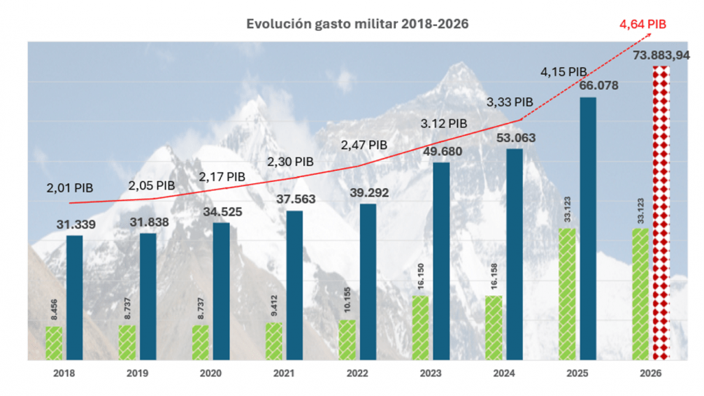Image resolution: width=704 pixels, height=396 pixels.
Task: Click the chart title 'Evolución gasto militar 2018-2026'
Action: tap(357, 24)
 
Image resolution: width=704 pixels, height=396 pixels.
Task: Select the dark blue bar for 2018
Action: tap(75, 297)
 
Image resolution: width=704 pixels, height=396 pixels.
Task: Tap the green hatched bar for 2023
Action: tap(419, 327)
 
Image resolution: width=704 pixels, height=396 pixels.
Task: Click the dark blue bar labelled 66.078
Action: tap(588, 228)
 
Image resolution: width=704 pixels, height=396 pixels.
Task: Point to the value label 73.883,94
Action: tap(660, 55)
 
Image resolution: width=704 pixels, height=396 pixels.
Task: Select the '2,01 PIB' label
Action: tap(70, 188)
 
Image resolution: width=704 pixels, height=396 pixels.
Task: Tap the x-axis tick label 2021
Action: tap(283, 374)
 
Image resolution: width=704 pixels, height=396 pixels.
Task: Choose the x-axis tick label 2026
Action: tap(650, 374)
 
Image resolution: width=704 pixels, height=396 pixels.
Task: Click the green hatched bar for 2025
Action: tap(566, 294)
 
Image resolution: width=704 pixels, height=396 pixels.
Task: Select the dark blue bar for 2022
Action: tap(368, 282)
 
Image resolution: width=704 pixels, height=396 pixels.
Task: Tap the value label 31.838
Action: tap(148, 222)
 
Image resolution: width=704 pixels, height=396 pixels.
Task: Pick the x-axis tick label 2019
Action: tap(137, 374)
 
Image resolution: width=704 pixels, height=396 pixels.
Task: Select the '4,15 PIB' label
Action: tap(563, 71)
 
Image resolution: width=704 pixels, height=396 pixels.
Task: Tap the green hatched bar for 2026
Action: tap(640, 294)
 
